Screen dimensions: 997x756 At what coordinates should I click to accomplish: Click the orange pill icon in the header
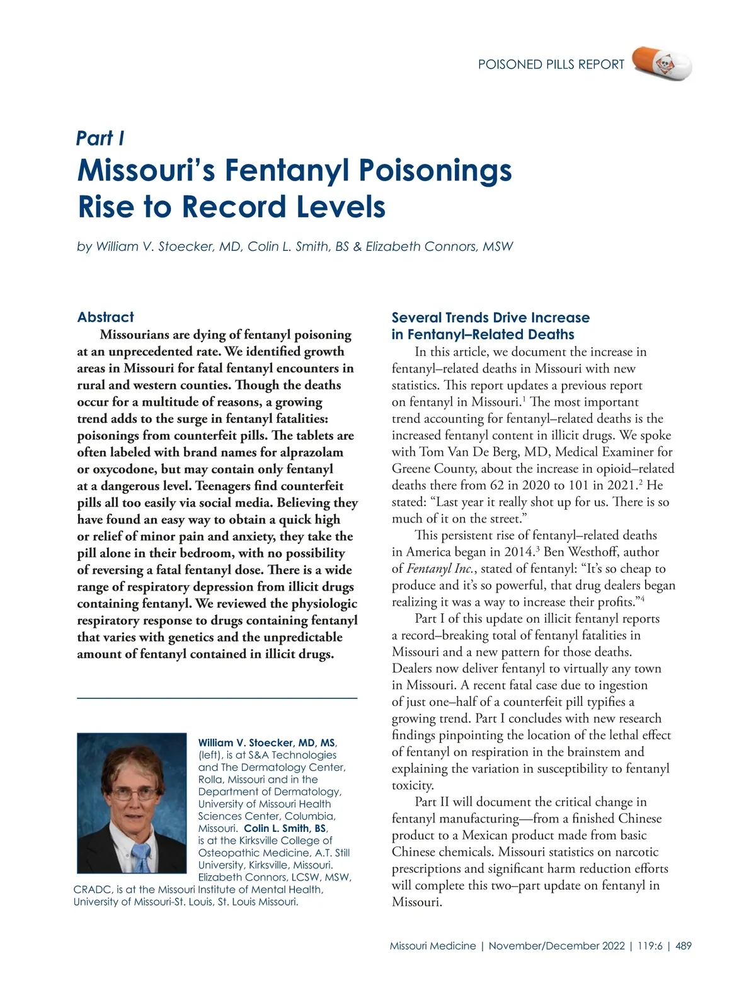(x=661, y=63)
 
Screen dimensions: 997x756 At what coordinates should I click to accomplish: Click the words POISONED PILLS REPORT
(x=551, y=64)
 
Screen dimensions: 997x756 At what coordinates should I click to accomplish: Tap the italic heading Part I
(x=100, y=138)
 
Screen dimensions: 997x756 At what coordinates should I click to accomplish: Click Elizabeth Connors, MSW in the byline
(x=439, y=246)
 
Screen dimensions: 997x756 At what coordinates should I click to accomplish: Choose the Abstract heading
(x=105, y=317)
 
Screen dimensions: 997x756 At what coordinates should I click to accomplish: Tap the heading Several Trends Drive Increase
(x=490, y=318)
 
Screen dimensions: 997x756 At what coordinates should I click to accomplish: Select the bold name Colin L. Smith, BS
(x=285, y=828)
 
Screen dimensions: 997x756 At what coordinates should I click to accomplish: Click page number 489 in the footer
(x=683, y=946)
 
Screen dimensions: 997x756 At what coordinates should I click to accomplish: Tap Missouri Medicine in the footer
(x=433, y=946)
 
